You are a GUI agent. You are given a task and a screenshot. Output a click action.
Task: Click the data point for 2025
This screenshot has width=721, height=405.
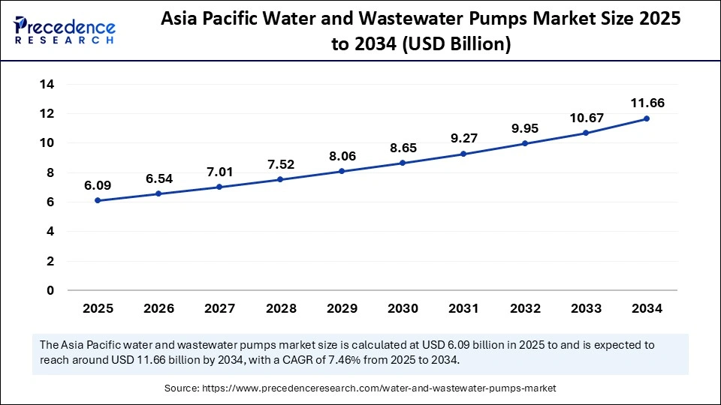click(x=97, y=200)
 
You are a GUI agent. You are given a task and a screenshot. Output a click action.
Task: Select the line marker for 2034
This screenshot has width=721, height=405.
click(x=647, y=118)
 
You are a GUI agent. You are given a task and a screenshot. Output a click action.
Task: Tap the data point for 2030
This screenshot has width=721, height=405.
click(x=403, y=163)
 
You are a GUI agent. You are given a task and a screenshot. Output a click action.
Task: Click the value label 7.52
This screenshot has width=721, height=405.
click(x=280, y=164)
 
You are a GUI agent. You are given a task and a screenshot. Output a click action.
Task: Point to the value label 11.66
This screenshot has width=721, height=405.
click(x=647, y=103)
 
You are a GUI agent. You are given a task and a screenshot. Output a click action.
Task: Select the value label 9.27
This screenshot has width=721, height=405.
click(x=463, y=138)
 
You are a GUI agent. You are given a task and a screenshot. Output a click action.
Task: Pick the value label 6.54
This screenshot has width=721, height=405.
click(x=158, y=178)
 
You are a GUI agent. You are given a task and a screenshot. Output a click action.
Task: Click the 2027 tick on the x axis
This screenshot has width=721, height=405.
click(x=219, y=308)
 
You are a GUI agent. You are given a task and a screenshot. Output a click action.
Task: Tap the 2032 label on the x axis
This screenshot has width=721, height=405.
click(x=524, y=308)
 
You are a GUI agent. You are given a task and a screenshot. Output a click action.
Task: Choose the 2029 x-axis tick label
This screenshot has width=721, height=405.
click(x=341, y=308)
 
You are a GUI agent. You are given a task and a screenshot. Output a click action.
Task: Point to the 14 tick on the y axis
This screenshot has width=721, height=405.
click(x=47, y=85)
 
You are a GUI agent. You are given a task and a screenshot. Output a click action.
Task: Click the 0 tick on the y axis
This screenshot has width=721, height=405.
click(x=50, y=291)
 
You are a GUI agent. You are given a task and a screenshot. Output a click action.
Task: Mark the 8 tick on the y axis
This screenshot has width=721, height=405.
click(x=50, y=172)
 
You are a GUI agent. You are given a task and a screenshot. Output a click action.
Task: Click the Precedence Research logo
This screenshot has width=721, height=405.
click(x=65, y=31)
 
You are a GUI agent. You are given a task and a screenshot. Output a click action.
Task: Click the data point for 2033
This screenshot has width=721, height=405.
click(x=586, y=133)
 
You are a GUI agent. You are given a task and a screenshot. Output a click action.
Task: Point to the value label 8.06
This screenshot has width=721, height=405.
click(x=341, y=156)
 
